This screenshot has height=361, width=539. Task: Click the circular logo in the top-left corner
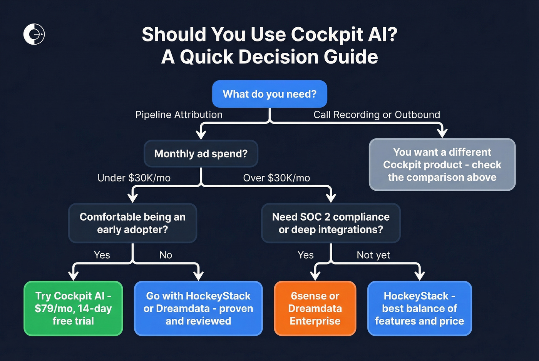click(34, 34)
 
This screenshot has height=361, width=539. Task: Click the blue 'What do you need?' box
click(269, 94)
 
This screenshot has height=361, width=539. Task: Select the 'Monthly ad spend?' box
click(201, 153)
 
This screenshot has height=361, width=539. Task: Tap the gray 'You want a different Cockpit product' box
click(442, 165)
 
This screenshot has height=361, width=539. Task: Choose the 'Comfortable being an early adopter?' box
click(132, 223)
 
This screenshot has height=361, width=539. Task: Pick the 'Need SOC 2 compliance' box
click(331, 223)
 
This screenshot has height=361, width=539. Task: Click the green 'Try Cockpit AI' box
click(73, 308)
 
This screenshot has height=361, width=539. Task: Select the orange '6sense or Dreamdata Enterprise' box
click(315, 308)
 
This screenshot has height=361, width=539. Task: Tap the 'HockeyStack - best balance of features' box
click(419, 308)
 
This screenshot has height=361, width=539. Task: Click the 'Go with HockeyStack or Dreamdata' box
click(198, 308)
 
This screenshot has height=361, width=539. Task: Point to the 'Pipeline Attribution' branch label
click(179, 115)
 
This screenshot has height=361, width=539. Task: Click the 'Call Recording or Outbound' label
click(377, 115)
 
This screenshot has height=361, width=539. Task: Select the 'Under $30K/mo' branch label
click(134, 178)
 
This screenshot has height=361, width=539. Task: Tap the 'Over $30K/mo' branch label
click(276, 178)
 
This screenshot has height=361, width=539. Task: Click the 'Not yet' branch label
click(373, 255)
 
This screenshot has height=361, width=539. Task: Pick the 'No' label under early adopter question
click(166, 255)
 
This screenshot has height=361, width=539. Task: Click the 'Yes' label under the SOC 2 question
click(305, 255)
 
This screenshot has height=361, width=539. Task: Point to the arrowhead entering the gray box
click(442, 133)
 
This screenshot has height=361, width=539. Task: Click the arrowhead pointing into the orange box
click(315, 276)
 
